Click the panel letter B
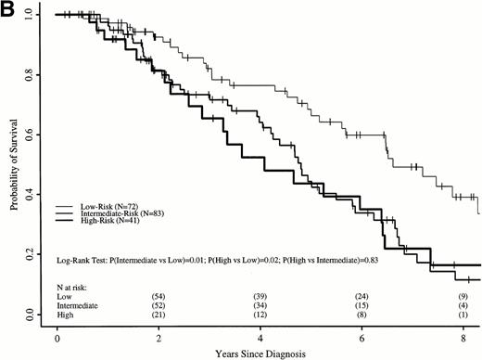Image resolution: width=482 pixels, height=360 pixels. (9, 10)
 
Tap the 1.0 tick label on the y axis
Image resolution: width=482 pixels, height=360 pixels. (32, 16)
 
